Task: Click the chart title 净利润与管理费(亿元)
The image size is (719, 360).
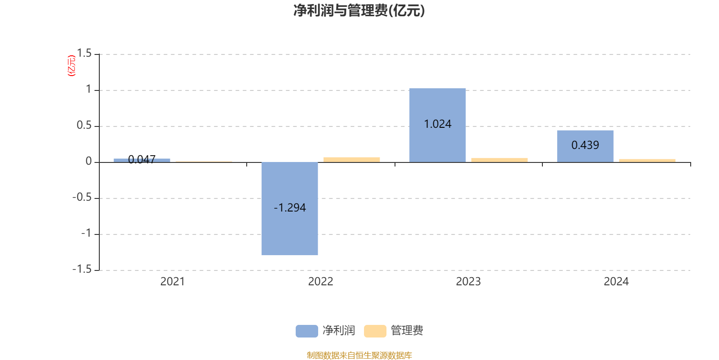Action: [359, 11]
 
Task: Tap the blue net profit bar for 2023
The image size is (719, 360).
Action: [437, 103]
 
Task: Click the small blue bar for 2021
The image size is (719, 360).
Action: [142, 160]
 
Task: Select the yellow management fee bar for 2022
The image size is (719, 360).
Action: [351, 159]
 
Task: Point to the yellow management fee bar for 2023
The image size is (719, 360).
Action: [499, 160]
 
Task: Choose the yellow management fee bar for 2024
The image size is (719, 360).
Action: [647, 160]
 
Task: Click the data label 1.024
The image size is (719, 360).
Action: [437, 124]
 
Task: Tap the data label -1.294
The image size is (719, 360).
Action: [290, 208]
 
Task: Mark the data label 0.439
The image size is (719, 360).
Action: [585, 145]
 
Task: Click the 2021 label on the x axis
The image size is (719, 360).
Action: [173, 282]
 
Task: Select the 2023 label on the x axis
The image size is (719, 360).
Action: [468, 282]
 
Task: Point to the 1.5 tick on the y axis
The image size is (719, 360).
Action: [84, 54]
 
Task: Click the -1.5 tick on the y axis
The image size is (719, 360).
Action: [82, 270]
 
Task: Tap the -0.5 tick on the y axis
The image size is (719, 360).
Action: [82, 198]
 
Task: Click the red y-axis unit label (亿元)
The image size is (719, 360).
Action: [71, 66]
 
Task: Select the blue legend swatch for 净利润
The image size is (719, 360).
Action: [306, 331]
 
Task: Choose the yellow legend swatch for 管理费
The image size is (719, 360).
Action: [375, 331]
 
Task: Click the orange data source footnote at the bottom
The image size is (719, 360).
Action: [359, 355]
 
